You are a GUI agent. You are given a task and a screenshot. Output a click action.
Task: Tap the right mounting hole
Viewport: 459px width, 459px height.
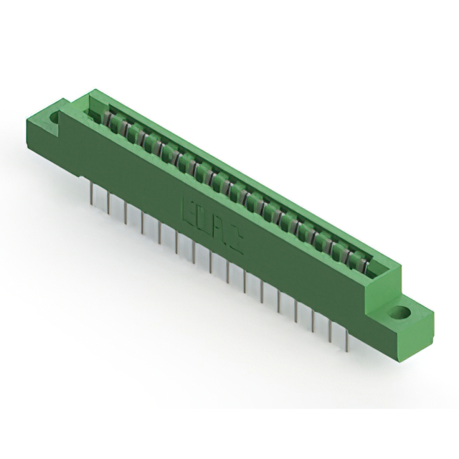(x=399, y=313)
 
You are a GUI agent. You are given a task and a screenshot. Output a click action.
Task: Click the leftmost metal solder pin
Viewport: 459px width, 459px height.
(x=93, y=194)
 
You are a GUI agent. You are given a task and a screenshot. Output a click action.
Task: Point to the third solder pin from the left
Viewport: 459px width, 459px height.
(x=126, y=213)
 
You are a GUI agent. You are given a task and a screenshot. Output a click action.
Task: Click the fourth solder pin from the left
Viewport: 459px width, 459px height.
(x=143, y=223)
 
